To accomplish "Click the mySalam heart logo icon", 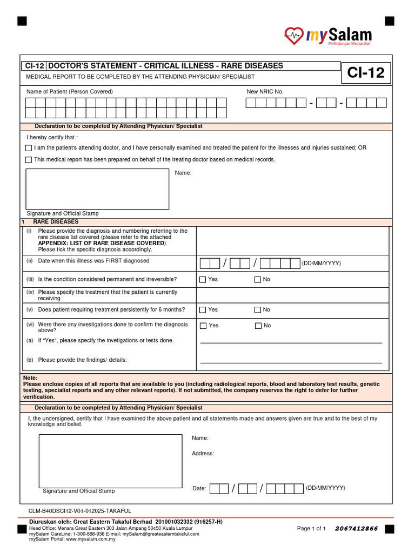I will (x=294, y=36).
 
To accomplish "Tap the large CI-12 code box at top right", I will (x=366, y=73).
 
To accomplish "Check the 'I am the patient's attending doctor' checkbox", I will (x=29, y=148).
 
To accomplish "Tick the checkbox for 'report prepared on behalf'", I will (x=29, y=160).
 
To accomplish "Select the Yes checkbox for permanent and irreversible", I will (x=203, y=280).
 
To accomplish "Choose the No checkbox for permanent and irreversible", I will (x=258, y=280).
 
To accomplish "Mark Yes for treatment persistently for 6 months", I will (x=203, y=310).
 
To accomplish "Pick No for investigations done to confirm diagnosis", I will (x=258, y=326).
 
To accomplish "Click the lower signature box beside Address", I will (x=110, y=461).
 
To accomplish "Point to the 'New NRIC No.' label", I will (x=265, y=92).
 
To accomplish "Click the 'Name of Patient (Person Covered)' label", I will (x=70, y=92).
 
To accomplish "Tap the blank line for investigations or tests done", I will (x=291, y=342).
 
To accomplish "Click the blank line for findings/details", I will (x=291, y=362).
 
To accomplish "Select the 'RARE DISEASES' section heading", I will (x=56, y=222).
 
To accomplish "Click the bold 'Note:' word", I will (x=31, y=377).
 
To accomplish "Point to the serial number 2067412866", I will (x=357, y=528).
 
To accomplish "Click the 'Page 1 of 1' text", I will (x=311, y=528).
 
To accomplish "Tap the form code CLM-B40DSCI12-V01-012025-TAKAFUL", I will (x=80, y=511).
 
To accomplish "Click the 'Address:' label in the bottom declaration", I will (x=203, y=454).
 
